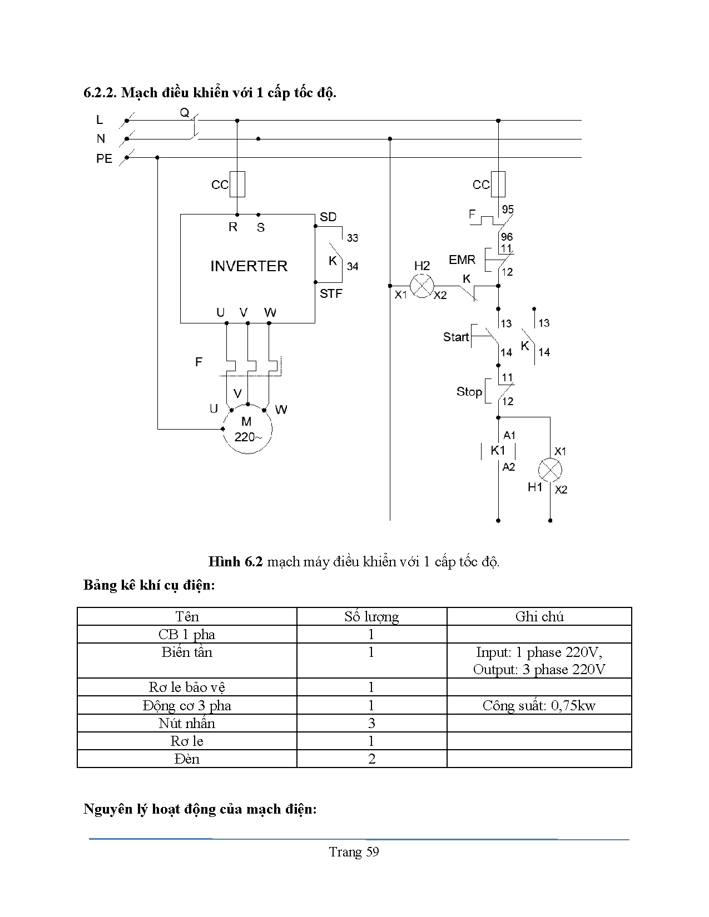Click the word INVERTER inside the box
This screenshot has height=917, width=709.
pos(249,266)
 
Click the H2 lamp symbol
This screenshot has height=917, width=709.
pos(422,286)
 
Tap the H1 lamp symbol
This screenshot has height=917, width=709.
pos(550,470)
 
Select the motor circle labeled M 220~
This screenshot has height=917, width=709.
pos(247,430)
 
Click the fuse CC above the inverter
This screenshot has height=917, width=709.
pos(237,184)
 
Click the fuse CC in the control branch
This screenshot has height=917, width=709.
pos(498,184)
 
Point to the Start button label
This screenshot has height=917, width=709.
pos(456,337)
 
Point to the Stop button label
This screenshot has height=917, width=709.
pos(469,392)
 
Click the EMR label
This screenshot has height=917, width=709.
pos(462,260)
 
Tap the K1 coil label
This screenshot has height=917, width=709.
pos(498,450)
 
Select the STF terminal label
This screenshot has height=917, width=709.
pos(331,293)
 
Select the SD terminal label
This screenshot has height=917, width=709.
pos(328,217)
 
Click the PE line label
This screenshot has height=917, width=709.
pos(104,159)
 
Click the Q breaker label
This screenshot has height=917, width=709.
pos(184,113)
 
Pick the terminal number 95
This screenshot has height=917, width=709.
pos(508,210)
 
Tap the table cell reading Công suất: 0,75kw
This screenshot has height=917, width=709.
pos(539,705)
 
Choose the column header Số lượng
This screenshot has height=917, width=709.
pos(371,616)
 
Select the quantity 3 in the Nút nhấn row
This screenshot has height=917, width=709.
pos(371,723)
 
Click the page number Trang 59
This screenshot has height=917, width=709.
pos(354,852)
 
